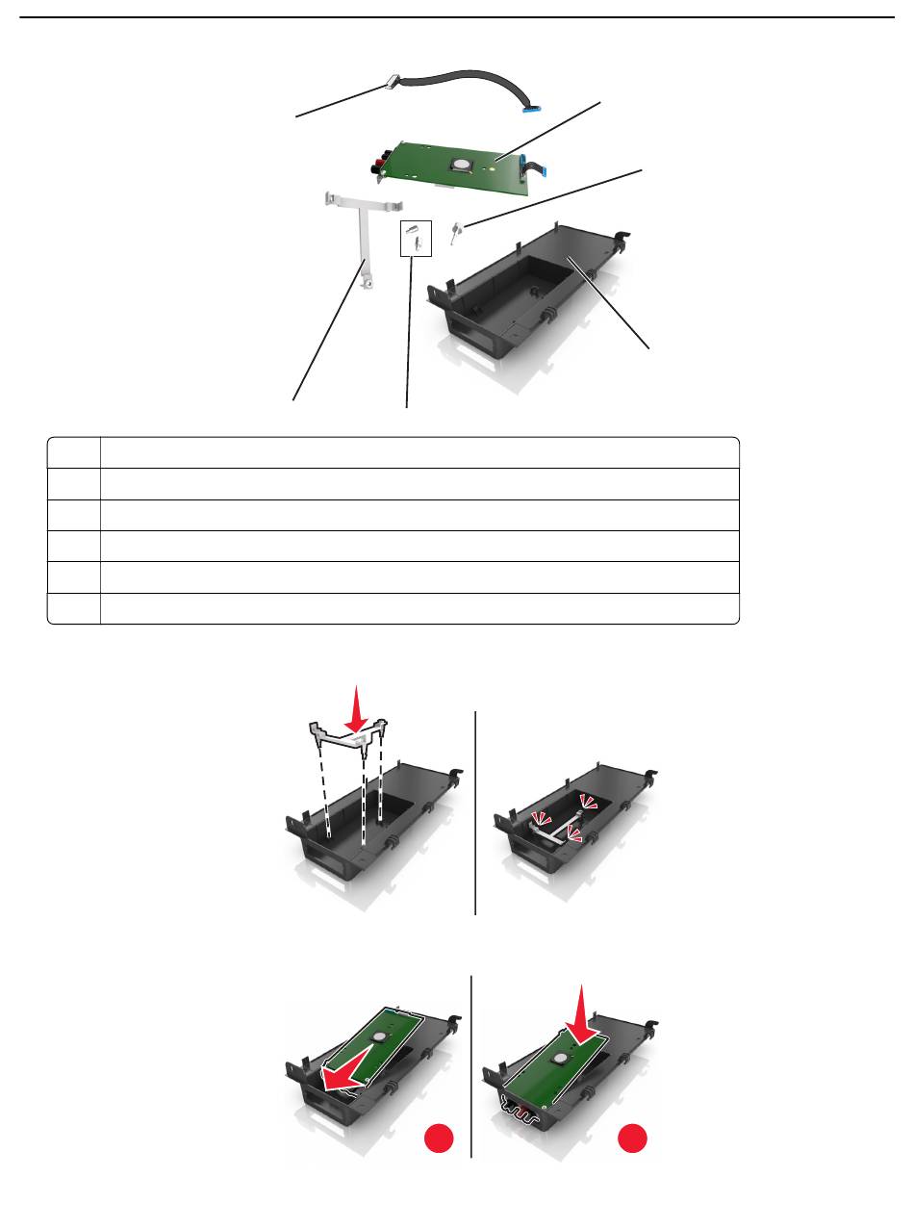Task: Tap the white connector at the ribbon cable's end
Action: [x=391, y=83]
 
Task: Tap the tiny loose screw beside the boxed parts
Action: [x=456, y=229]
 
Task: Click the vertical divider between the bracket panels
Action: [x=475, y=812]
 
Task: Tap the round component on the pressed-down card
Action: [x=559, y=1059]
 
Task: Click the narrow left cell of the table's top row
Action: [x=74, y=452]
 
